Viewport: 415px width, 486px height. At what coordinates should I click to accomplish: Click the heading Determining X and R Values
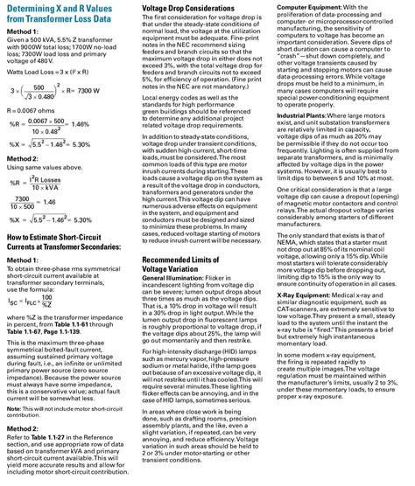pos(65,16)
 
